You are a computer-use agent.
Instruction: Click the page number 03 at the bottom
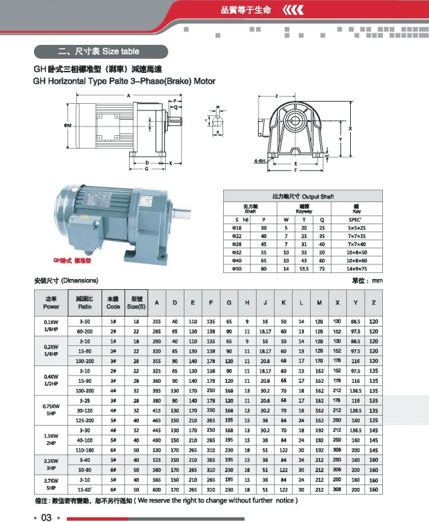46,517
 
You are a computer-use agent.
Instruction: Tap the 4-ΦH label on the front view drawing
260,161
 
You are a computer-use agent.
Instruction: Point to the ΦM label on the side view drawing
67,125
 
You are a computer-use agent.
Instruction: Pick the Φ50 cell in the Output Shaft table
237,268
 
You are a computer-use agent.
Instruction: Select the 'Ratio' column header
85,303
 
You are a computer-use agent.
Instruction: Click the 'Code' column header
113,303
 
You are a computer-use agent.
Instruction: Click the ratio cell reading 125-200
85,419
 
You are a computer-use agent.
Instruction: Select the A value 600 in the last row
157,490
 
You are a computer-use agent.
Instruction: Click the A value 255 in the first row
157,322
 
